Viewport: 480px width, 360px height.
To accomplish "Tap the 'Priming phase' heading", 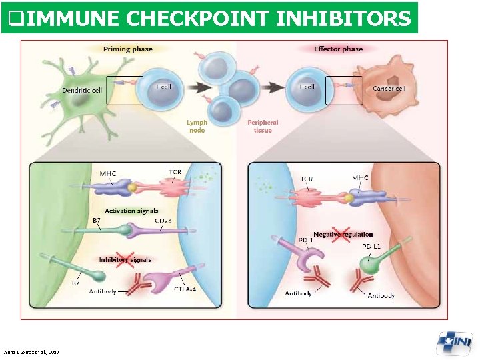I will pos(128,49).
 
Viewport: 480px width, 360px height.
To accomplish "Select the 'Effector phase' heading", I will pos(338,49).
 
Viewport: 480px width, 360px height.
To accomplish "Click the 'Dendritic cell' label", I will pos(82,90).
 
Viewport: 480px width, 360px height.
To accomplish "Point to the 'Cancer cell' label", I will pos(389,88).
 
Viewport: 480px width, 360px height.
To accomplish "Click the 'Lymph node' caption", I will pos(197,126).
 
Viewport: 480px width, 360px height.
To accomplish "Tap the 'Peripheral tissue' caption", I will pos(263,126).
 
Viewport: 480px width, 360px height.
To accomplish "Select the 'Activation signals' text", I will pos(131,211).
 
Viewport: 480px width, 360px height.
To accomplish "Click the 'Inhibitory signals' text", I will pos(125,259).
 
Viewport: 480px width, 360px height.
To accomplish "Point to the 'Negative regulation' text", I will pos(343,234).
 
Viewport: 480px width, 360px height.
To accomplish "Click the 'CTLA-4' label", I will pos(185,289).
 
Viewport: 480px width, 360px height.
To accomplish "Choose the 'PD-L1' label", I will pos(371,246).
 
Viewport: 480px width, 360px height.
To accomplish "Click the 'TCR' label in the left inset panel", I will pos(175,172).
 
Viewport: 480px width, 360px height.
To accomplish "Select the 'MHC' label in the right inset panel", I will pos(359,177).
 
